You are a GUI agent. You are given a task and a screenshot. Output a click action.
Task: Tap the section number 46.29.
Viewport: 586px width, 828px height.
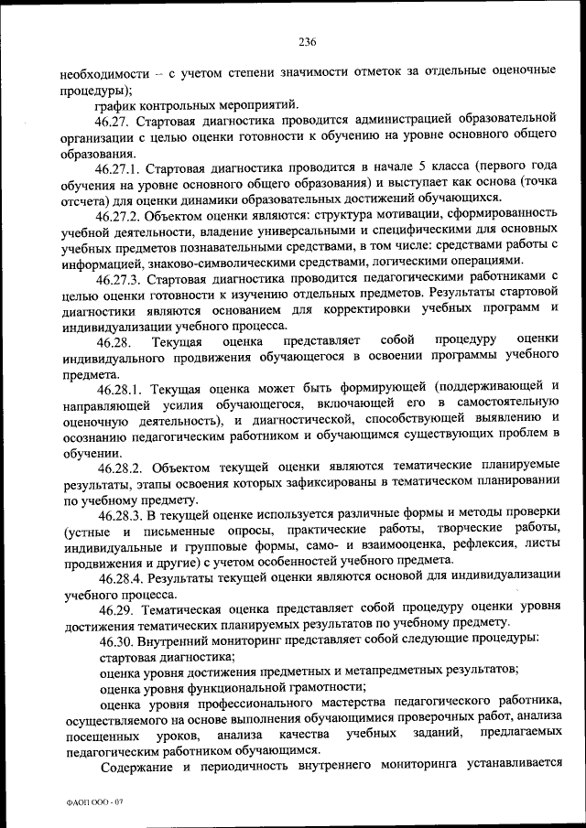116,608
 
